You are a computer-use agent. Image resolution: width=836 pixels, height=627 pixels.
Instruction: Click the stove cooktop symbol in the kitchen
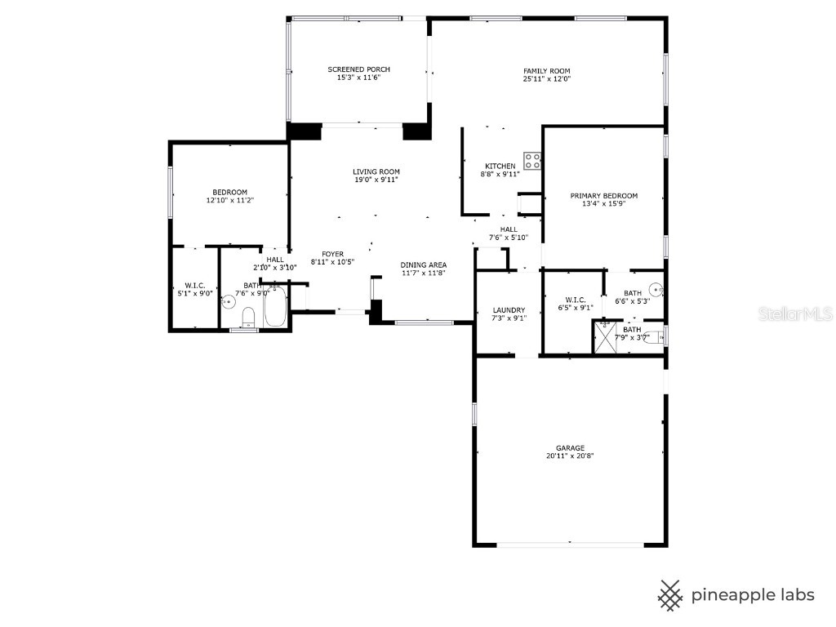pos(533,161)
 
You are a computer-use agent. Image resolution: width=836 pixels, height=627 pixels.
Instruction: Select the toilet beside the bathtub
pos(249,317)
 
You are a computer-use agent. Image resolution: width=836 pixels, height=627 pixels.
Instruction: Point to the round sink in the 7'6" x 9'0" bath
pos(229,301)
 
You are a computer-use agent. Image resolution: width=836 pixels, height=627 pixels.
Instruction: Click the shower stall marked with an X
pos(605,336)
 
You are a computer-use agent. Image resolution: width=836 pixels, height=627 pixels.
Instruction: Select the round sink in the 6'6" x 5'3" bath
pos(656,290)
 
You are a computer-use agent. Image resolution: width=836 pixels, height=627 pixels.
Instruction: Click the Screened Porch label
pos(358,69)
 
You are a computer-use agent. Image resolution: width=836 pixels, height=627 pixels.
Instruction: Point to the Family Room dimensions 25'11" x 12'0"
pos(546,79)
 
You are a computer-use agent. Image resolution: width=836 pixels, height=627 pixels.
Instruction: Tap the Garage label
pos(570,448)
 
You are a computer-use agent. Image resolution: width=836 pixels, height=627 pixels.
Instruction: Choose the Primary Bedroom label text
pos(603,196)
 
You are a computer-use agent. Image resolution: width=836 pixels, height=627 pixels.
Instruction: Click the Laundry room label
pos(509,310)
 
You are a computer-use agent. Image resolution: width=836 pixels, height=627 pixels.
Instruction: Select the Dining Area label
pos(423,265)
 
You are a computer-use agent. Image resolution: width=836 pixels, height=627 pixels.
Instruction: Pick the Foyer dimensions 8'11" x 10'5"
pos(331,262)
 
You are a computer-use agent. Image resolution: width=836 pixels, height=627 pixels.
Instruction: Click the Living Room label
pos(376,171)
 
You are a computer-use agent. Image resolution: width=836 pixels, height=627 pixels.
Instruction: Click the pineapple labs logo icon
pos(670,594)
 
